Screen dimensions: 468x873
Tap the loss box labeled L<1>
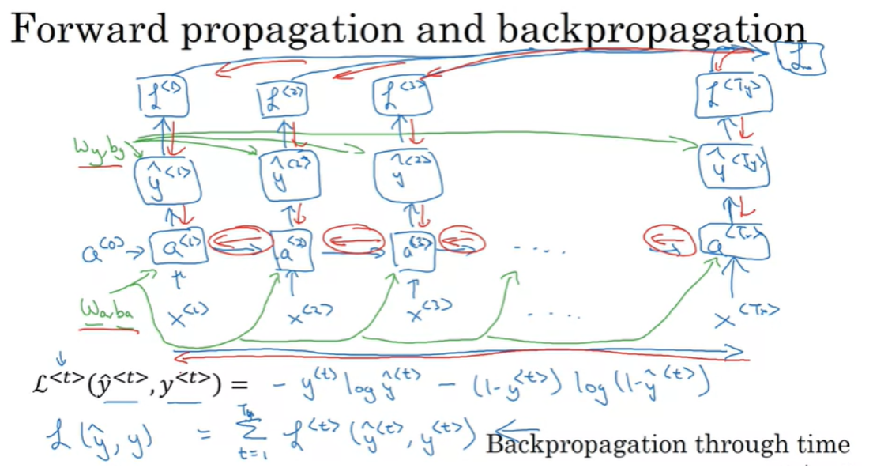click(164, 97)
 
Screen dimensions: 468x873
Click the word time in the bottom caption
click(822, 444)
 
